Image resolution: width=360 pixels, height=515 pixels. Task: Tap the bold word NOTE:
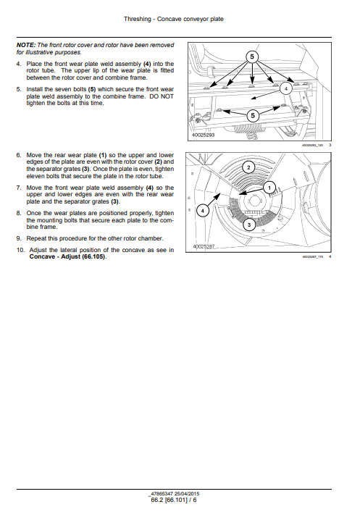tap(27, 46)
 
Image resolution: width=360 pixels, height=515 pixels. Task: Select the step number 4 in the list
tap(18, 64)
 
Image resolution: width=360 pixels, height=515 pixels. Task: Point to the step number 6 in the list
tap(18, 154)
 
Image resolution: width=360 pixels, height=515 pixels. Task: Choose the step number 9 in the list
tap(18, 238)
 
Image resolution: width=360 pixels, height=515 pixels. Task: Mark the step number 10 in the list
tap(20, 250)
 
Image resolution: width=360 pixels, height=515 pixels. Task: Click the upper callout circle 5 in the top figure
tap(252, 56)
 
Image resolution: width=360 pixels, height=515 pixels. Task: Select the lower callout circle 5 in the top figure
tap(252, 115)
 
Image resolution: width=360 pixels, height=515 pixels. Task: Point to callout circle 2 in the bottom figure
tap(248, 167)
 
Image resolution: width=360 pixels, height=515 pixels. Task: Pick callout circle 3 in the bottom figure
tap(248, 225)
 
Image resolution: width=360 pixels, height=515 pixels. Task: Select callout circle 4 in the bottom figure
tap(204, 210)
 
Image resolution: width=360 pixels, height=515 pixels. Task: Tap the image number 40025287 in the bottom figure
tap(207, 247)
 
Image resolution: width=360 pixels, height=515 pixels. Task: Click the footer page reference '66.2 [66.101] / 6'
tap(174, 499)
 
